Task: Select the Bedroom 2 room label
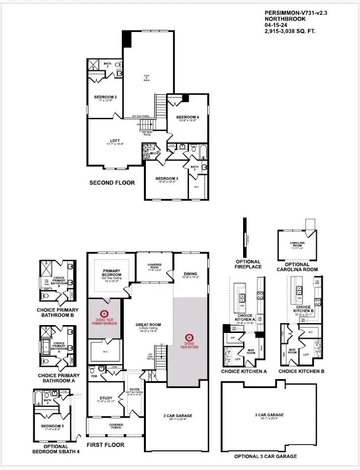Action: [x=105, y=97]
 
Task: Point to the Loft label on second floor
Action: [x=114, y=141]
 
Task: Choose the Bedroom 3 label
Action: [x=166, y=178]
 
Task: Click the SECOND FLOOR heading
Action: [x=112, y=183]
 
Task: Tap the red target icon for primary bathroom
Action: [x=104, y=313]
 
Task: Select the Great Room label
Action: [x=149, y=325]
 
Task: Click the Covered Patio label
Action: [x=154, y=266]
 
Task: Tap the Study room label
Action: [x=106, y=398]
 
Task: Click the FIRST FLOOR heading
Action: [x=105, y=445]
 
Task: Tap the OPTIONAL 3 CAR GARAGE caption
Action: [x=265, y=456]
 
